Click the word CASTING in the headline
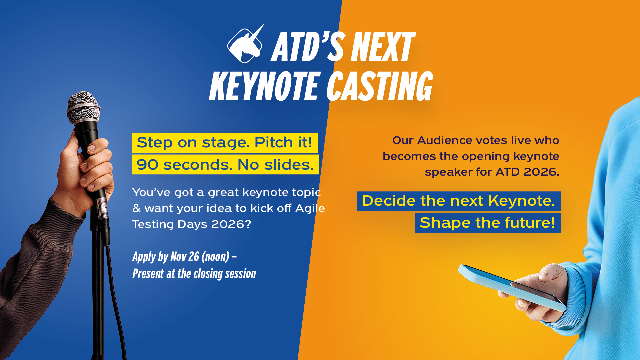379,86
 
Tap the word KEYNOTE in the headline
265,86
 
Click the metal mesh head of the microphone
83,107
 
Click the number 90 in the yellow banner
147,165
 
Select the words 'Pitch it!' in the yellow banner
283,142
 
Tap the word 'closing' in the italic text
208,274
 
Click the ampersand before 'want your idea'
136,208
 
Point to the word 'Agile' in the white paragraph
310,209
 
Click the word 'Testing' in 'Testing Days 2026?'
153,225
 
